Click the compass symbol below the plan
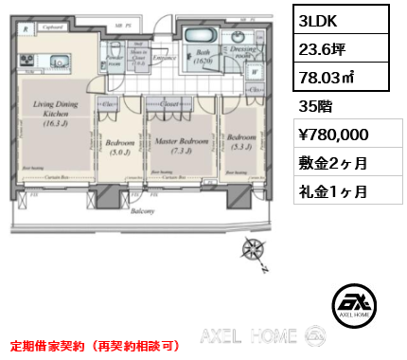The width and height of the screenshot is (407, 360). pyautogui.click(x=254, y=251)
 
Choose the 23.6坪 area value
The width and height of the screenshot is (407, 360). pyautogui.click(x=323, y=51)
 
